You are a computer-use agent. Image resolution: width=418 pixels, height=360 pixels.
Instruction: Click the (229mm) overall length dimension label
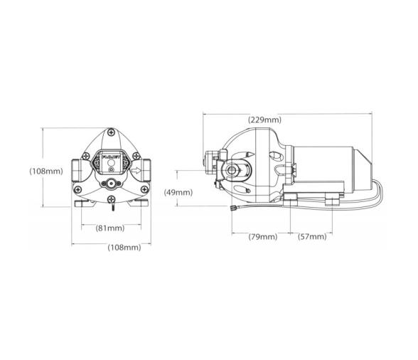(264, 120)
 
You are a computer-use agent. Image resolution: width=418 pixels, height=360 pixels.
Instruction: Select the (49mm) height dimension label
(178, 192)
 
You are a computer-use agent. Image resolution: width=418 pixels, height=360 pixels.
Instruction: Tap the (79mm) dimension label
(263, 236)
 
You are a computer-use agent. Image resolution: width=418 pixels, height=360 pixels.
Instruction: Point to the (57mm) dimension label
(312, 236)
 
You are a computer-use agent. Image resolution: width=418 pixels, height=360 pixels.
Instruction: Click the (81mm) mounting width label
(110, 228)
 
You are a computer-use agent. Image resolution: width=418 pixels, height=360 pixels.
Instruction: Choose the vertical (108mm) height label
(46, 171)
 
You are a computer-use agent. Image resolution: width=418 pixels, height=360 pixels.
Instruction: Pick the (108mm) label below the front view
(124, 248)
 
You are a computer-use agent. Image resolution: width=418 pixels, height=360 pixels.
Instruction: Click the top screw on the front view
(111, 132)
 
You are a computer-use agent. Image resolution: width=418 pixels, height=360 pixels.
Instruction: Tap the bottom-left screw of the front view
(77, 189)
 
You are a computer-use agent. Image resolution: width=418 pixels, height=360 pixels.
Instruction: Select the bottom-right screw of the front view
(144, 189)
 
